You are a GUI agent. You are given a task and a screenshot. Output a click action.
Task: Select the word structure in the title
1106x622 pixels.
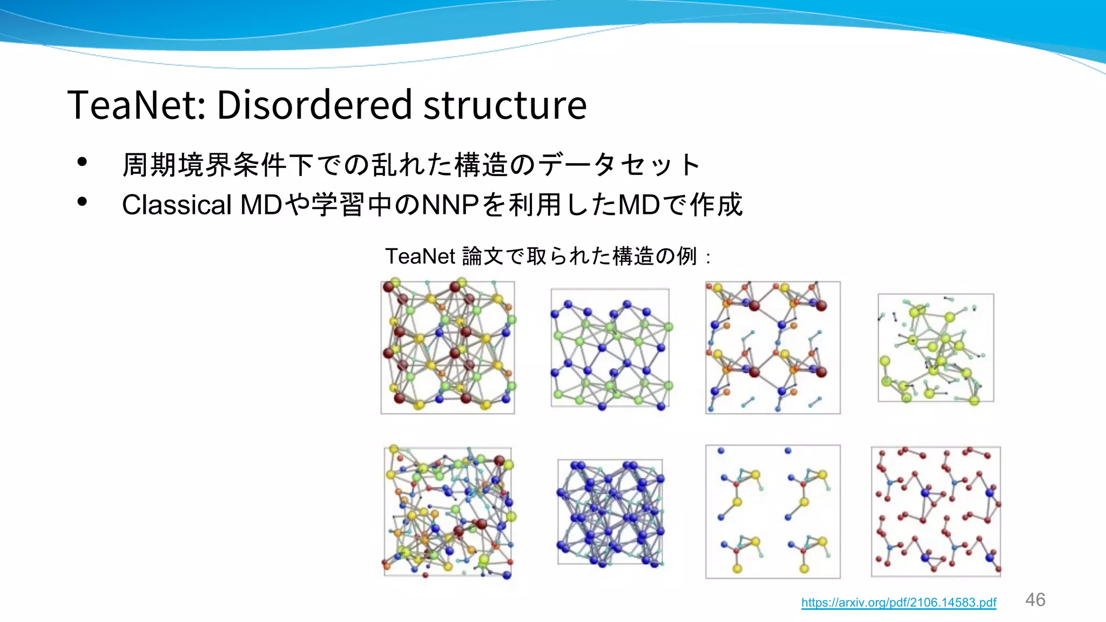coord(505,105)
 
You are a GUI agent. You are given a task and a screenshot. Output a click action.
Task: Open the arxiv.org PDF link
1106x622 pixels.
coord(898,603)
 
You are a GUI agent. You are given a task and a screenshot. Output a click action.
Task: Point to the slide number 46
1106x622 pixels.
coord(1035,600)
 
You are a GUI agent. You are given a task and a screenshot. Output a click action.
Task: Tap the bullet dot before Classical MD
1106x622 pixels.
coord(82,202)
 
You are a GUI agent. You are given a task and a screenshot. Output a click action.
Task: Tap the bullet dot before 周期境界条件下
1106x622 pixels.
coord(82,161)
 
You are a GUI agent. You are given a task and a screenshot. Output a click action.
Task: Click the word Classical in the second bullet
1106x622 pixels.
coord(177,205)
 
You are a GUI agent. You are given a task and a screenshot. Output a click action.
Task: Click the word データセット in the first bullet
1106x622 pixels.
coord(619,165)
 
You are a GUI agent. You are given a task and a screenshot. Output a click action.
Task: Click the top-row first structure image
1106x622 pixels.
coord(448,347)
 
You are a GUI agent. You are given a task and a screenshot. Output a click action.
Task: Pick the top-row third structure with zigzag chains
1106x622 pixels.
coord(773,347)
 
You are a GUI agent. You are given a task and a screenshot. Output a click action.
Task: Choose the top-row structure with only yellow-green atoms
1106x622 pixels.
coord(935,347)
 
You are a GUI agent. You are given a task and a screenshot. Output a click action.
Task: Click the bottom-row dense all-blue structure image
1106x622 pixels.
coord(610,511)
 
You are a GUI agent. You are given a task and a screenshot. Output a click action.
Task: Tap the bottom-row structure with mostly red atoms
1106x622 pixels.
coord(935,511)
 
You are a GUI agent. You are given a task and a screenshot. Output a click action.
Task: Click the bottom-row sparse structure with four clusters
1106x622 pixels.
coord(773,511)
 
